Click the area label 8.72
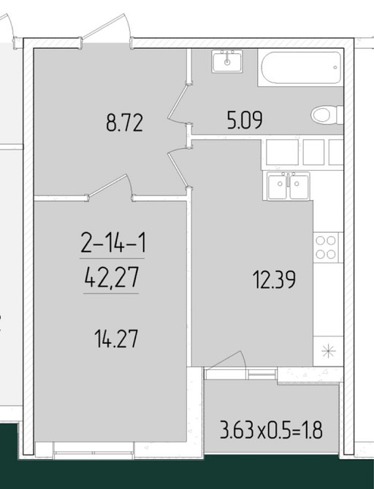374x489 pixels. click(125, 123)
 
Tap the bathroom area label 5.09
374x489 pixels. click(245, 120)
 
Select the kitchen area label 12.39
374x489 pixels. click(274, 280)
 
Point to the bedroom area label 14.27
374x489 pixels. click(116, 339)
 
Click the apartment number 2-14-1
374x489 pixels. click(113, 243)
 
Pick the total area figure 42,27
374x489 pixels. click(112, 277)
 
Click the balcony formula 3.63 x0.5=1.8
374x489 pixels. click(271, 430)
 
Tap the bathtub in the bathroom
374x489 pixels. click(300, 68)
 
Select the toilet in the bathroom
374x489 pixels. click(327, 115)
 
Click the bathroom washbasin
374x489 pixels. click(227, 61)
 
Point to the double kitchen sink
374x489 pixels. click(289, 185)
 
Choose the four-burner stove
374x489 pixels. click(327, 247)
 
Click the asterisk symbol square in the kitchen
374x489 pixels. click(329, 352)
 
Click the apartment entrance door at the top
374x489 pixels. click(106, 31)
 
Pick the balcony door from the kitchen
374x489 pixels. click(226, 362)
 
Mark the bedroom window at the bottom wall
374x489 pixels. click(93, 451)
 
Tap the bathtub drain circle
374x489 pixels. click(335, 67)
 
